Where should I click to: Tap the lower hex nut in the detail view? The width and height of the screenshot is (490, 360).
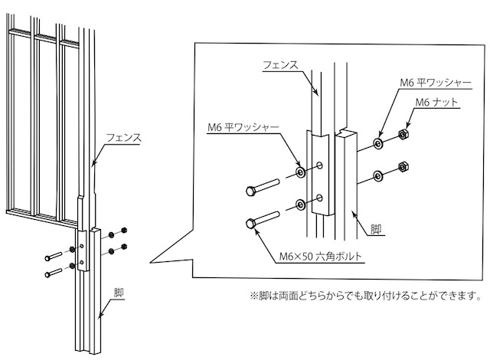pos(403,167)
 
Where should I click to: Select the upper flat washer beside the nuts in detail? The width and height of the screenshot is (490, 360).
pos(379,143)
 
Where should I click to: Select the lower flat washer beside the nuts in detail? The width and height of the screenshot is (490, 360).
pos(380,177)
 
